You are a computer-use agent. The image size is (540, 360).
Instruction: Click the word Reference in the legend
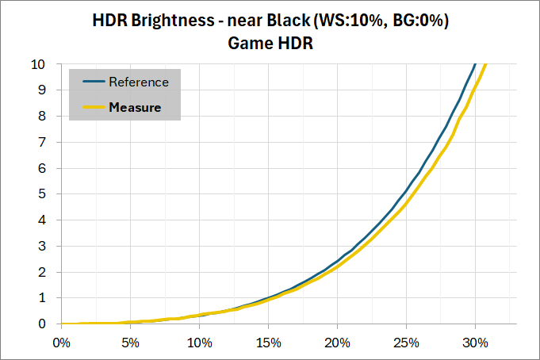[x=138, y=82]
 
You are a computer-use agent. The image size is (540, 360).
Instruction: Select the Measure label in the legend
[x=135, y=107]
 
